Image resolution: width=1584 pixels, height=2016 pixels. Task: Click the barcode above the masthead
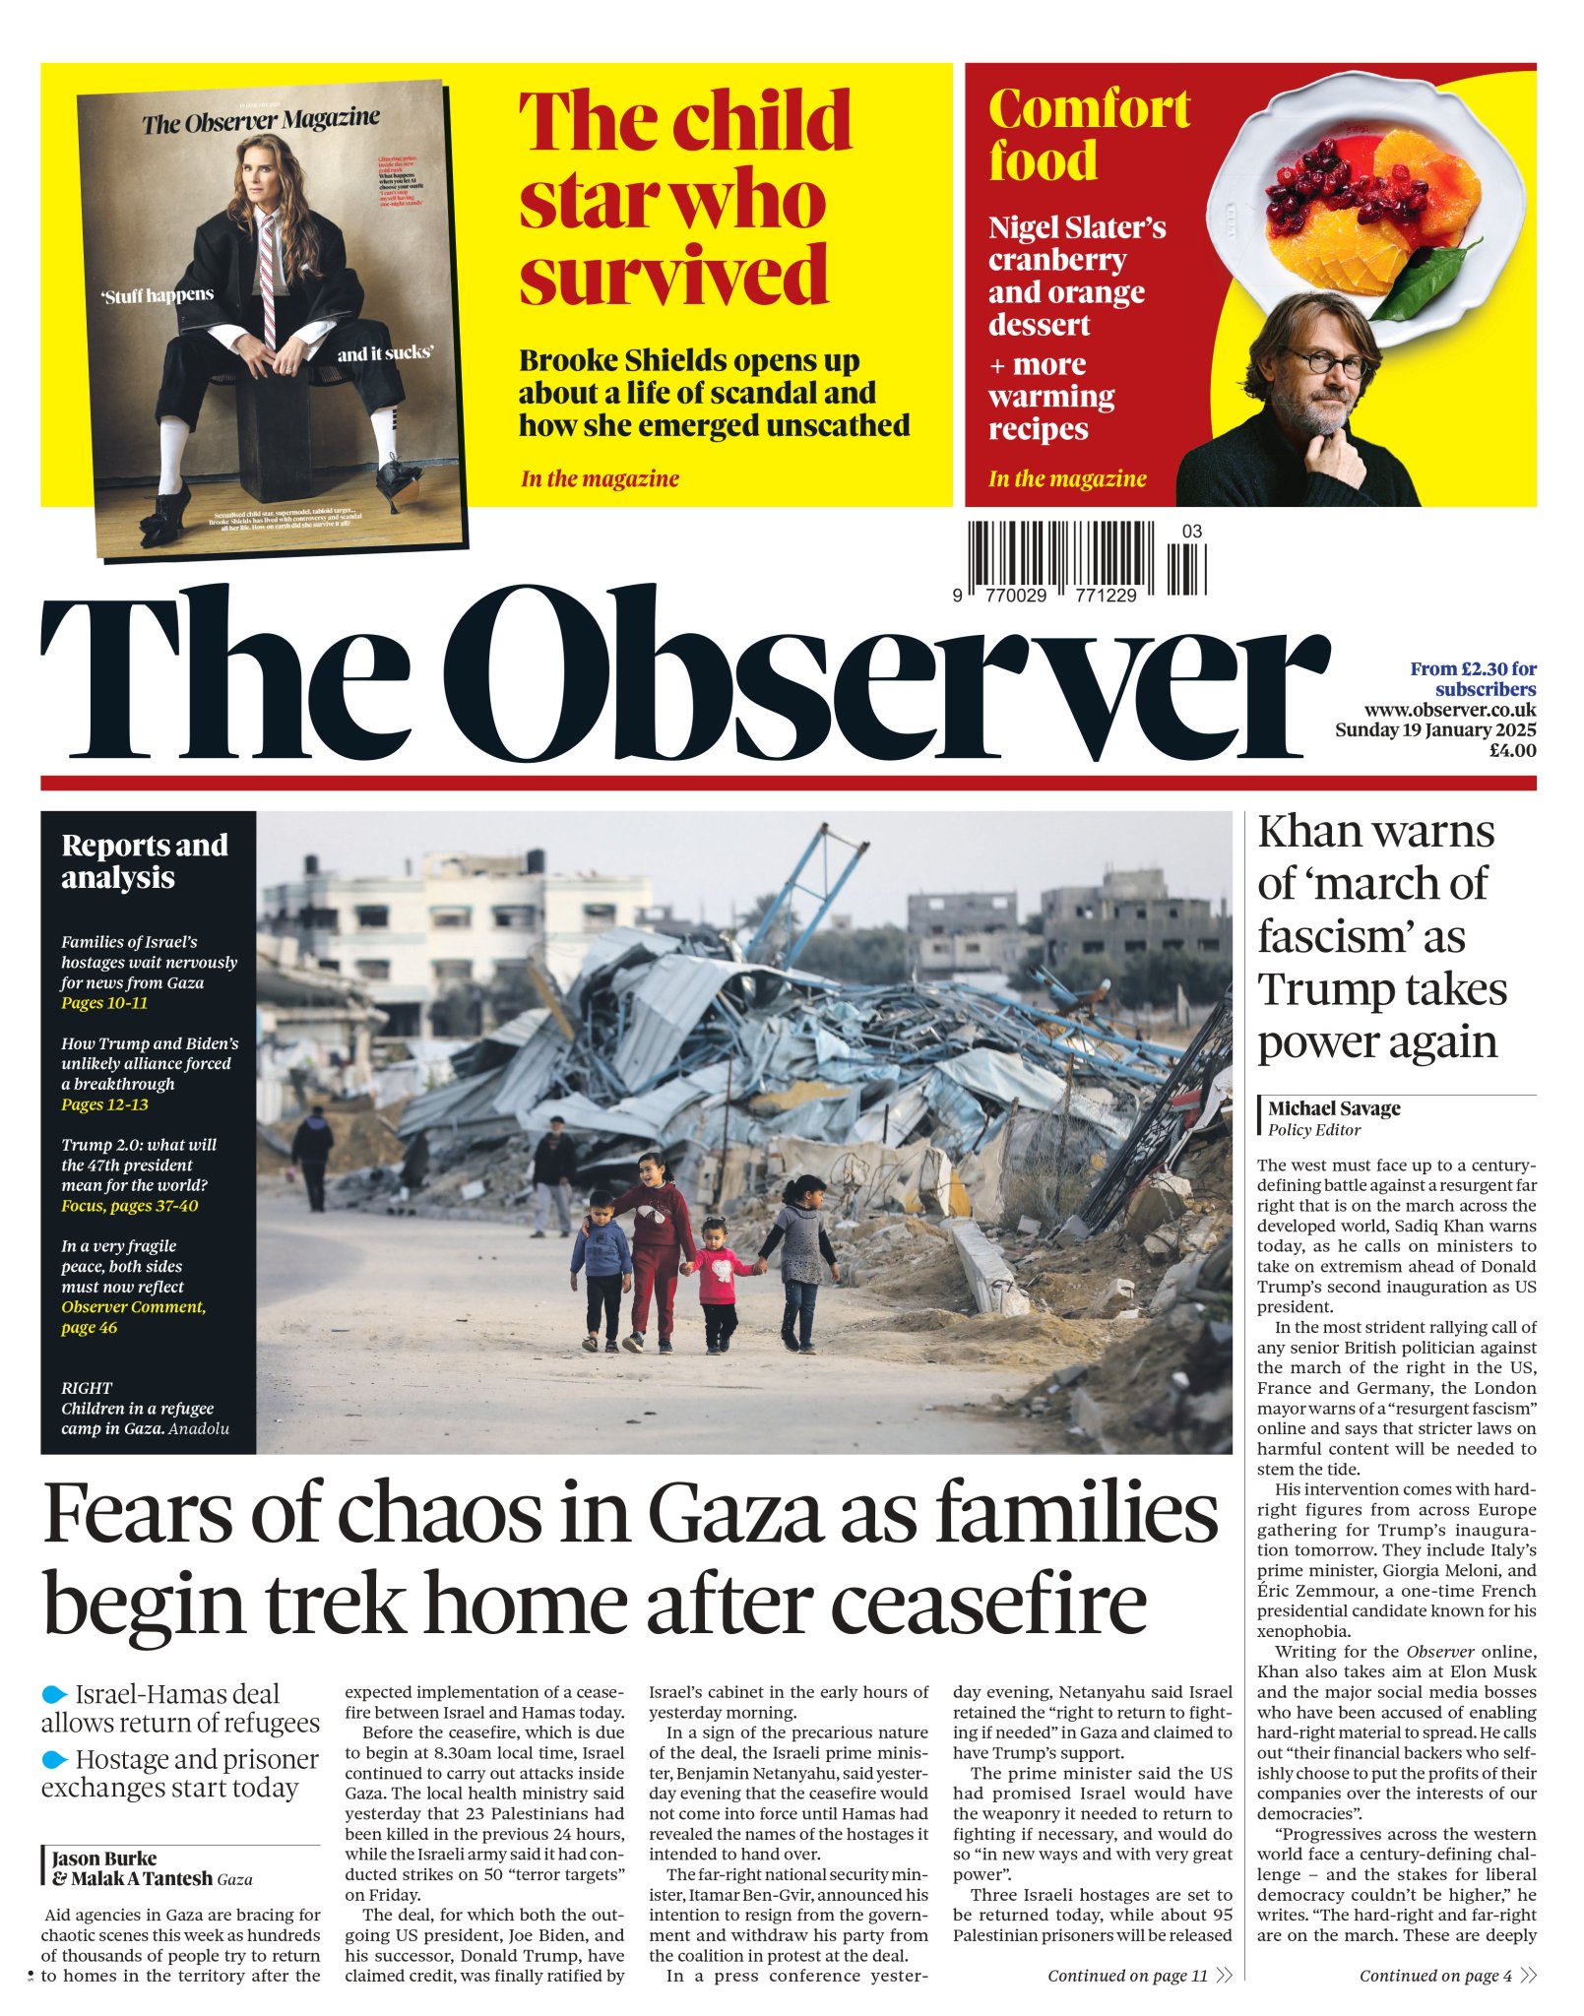[x=1086, y=557]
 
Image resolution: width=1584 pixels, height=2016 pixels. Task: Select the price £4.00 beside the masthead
[x=1511, y=750]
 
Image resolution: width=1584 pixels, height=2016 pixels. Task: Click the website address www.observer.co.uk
[x=1449, y=710]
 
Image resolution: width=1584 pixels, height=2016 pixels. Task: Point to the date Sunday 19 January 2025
[x=1434, y=730]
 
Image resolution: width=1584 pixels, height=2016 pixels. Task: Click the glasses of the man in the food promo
[x=1325, y=361]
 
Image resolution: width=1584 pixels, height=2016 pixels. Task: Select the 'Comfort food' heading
[x=1089, y=135]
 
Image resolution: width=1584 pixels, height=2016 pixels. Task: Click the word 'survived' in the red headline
[x=673, y=276]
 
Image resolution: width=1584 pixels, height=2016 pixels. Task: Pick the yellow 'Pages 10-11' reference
[x=104, y=1003]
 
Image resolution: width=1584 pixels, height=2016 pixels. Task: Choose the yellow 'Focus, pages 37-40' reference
[x=129, y=1206]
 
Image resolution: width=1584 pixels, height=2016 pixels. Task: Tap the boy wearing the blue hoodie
[x=601, y=1270]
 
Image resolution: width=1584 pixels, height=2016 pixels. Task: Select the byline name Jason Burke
[x=104, y=1858]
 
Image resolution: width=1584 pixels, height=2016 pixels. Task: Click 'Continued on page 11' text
[x=1127, y=1976]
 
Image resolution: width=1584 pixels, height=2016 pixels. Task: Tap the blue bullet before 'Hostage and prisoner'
[x=55, y=1759]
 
